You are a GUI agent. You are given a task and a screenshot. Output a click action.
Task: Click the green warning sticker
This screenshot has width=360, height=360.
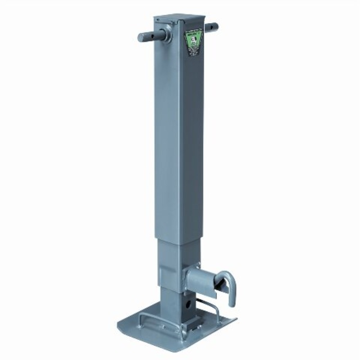193,43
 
